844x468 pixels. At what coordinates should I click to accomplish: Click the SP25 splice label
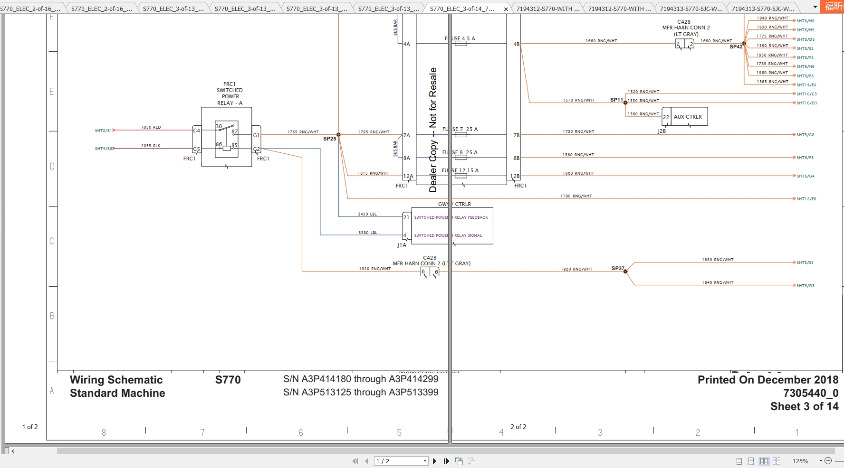tap(329, 139)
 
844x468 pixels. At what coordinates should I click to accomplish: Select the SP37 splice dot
tap(625, 271)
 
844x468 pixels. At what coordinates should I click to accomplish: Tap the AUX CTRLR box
tap(688, 117)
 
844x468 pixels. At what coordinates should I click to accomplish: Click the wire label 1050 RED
tap(151, 127)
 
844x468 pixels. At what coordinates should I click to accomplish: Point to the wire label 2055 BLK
tap(151, 146)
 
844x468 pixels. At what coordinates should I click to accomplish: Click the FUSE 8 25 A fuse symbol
tap(460, 158)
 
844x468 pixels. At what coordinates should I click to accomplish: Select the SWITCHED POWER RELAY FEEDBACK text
tap(451, 217)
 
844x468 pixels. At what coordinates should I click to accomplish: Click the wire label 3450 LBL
tap(367, 214)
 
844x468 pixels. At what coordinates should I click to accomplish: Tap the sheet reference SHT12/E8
tap(806, 199)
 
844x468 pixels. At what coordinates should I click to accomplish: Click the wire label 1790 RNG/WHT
tap(576, 196)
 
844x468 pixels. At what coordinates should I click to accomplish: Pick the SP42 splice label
tap(736, 47)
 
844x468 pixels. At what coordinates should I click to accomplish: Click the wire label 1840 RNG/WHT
tap(718, 282)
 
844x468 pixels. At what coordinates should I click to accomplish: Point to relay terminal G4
tap(197, 131)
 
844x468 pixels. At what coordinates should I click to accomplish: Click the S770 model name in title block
tap(228, 380)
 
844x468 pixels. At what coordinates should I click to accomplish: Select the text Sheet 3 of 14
tap(804, 407)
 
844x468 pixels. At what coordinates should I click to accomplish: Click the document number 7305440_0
tap(811, 393)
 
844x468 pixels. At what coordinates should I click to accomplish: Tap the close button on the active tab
tap(506, 9)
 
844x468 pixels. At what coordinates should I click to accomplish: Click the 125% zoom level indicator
tap(800, 461)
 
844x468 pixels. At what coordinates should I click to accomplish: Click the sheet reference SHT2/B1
tap(103, 131)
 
